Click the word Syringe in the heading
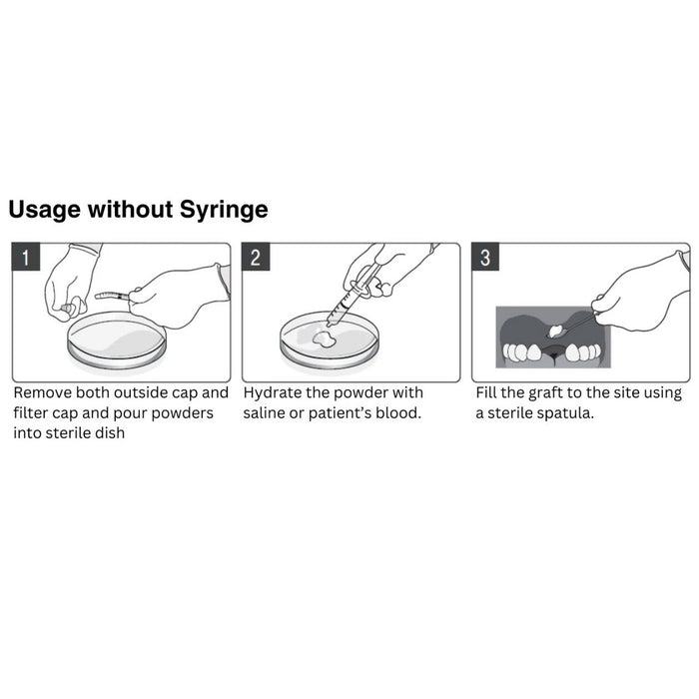(224, 210)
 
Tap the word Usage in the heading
(44, 210)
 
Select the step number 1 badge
(26, 257)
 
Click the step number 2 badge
(256, 257)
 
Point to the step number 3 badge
(485, 257)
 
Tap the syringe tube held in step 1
(112, 296)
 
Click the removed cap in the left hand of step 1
(67, 309)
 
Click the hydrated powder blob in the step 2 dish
(325, 340)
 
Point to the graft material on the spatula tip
(555, 331)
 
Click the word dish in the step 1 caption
(109, 432)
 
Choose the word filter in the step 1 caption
(30, 412)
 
